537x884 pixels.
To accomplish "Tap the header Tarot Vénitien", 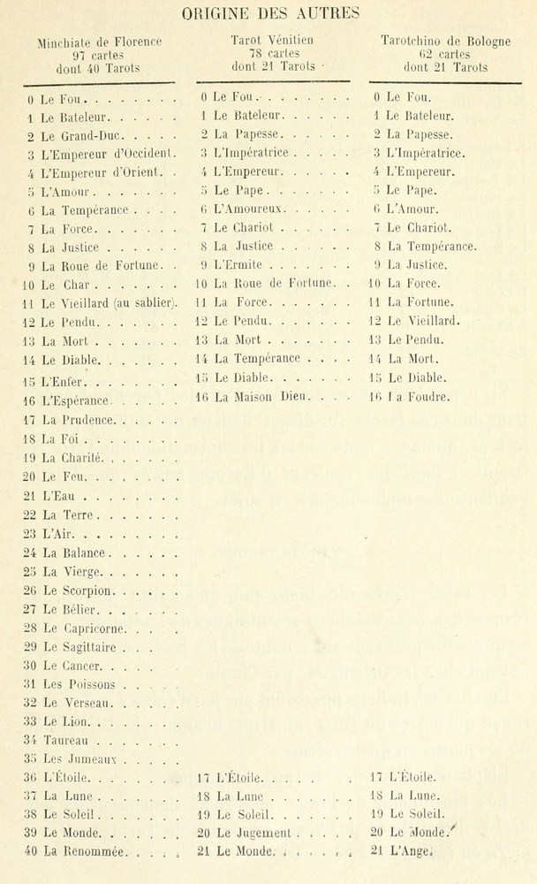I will pyautogui.click(x=272, y=40).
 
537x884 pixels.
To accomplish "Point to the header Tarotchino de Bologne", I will pyautogui.click(x=445, y=41).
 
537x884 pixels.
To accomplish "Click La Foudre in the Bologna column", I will pyautogui.click(x=420, y=397).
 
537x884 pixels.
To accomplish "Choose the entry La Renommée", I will pyautogui.click(x=86, y=852).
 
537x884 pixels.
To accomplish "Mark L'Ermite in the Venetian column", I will pyautogui.click(x=240, y=263).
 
